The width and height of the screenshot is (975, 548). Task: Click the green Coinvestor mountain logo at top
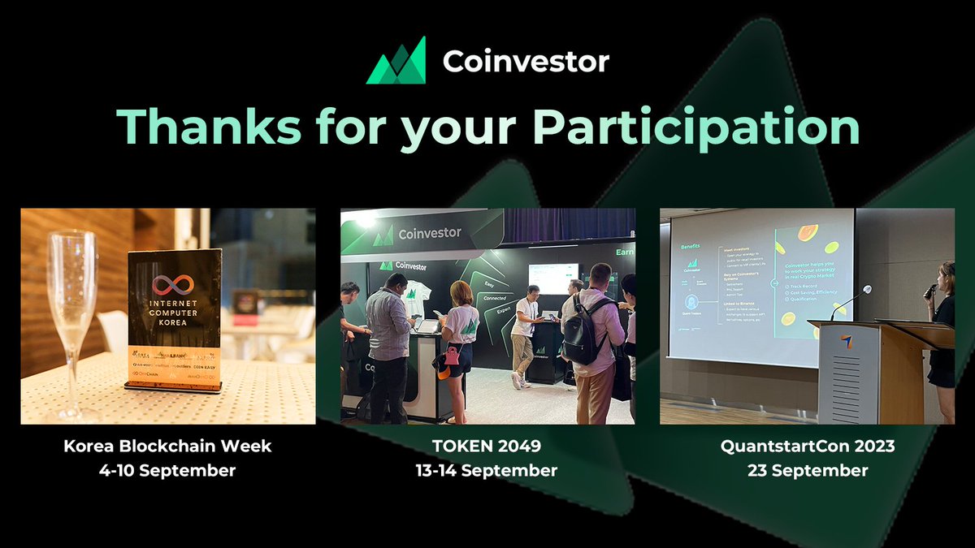(396, 61)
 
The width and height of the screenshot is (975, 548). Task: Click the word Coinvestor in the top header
(525, 62)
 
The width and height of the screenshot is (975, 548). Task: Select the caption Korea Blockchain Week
(169, 446)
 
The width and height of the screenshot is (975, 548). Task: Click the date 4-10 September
(169, 471)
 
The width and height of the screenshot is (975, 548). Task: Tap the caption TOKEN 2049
(487, 446)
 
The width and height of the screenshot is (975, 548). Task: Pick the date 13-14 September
(487, 471)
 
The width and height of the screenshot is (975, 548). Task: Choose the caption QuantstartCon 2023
(806, 446)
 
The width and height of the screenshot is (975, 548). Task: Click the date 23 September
(806, 471)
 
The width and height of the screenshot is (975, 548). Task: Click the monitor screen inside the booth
(552, 278)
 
